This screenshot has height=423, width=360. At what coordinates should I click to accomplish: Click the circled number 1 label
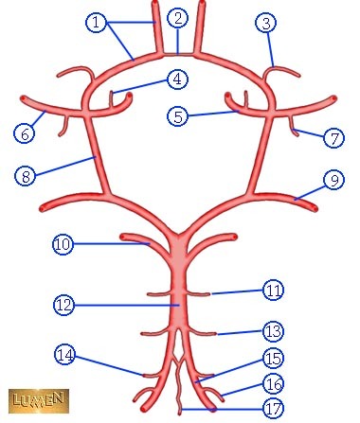pos(97,23)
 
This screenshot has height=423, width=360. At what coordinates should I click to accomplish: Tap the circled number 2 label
pos(178,18)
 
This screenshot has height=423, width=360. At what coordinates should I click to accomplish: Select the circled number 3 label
pos(266,23)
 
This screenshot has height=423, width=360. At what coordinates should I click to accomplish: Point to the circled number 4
pos(177,79)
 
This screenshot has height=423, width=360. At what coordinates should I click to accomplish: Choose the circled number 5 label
pos(178,116)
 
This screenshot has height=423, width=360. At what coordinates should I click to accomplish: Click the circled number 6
pos(25,133)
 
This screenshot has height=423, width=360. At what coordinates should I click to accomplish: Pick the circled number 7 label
pos(333,137)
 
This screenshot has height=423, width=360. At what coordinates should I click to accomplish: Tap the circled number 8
pos(26,175)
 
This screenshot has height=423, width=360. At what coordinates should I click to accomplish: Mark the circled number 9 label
pos(333,180)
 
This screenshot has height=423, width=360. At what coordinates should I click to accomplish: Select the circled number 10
pos(63,244)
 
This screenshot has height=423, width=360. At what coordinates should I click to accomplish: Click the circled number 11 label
pos(274,290)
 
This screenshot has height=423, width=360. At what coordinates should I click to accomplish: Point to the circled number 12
pos(64,305)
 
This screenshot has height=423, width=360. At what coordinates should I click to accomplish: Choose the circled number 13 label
pos(274,331)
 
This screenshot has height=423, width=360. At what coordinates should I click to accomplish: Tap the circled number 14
pos(65,354)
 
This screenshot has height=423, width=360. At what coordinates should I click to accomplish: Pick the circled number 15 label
pos(274,358)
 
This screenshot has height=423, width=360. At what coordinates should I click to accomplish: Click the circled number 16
pos(274,384)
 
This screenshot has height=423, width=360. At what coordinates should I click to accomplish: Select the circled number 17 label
pos(274,408)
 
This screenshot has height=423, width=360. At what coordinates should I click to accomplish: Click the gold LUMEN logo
pos(39,401)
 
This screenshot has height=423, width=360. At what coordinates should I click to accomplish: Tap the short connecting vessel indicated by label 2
pos(178,55)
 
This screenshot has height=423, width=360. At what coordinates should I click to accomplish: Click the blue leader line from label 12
pos(127,305)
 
